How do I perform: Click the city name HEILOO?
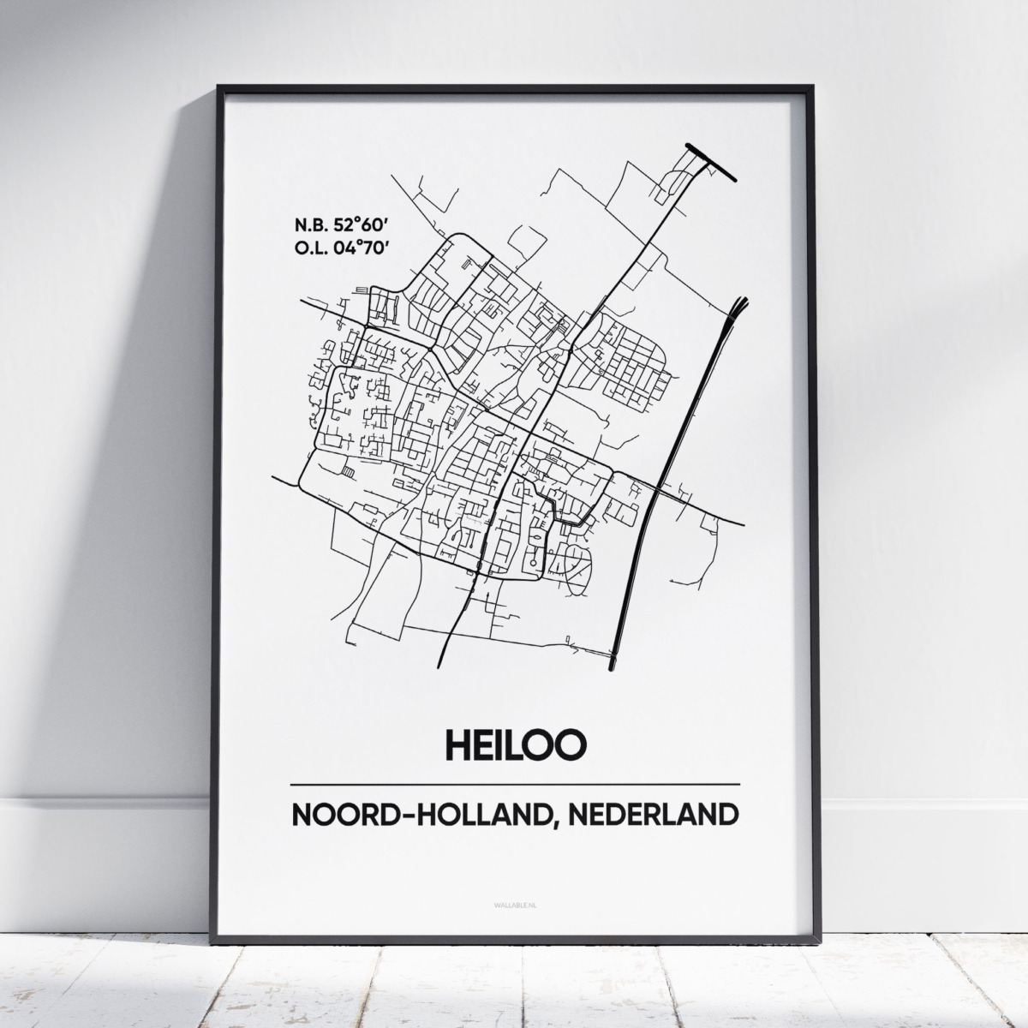[x=515, y=743]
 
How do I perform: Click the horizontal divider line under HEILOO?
[x=515, y=784]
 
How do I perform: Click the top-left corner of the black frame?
[x=219, y=87]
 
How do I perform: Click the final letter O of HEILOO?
[x=571, y=743]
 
